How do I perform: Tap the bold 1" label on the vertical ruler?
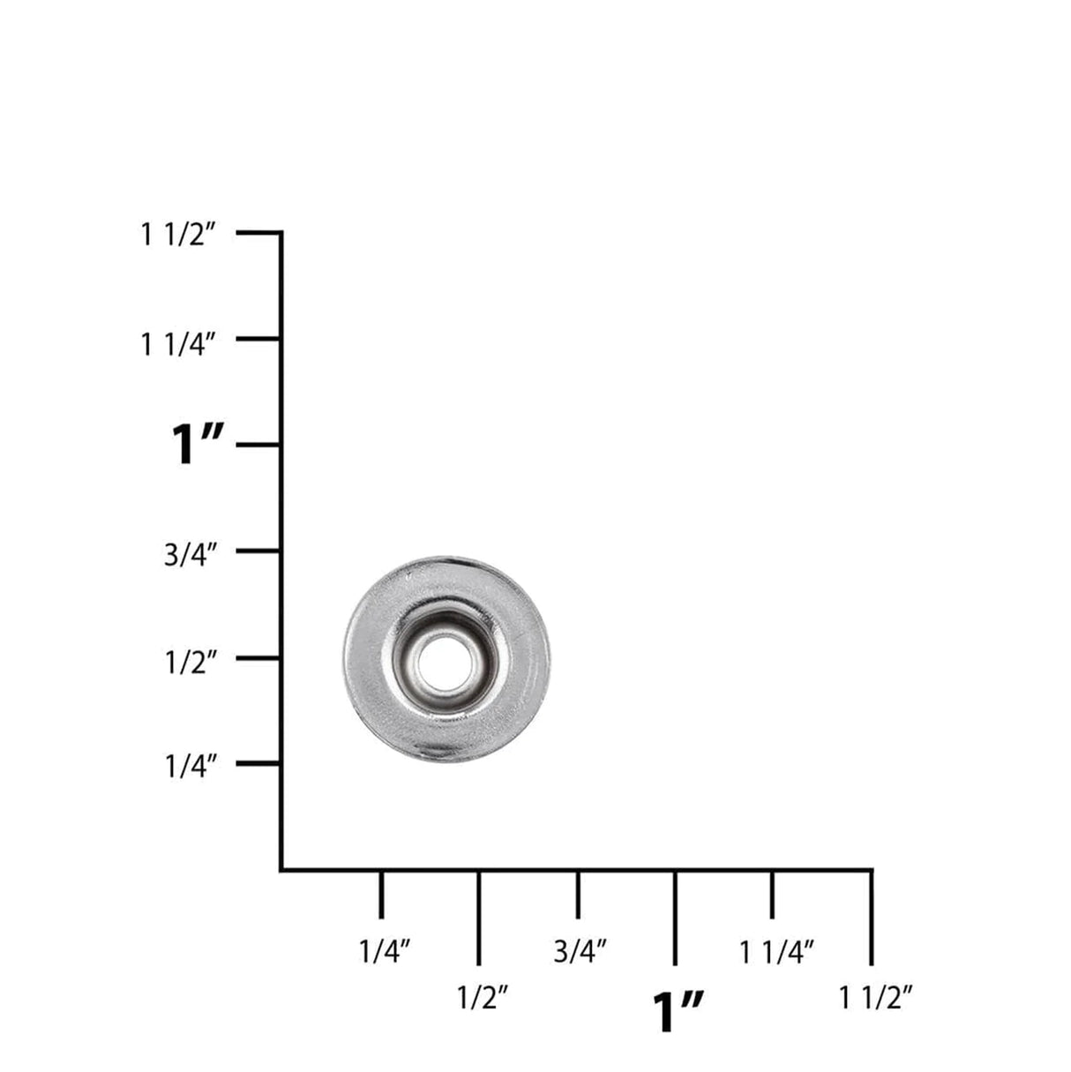tap(198, 445)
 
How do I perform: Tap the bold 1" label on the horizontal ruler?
tap(678, 1010)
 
